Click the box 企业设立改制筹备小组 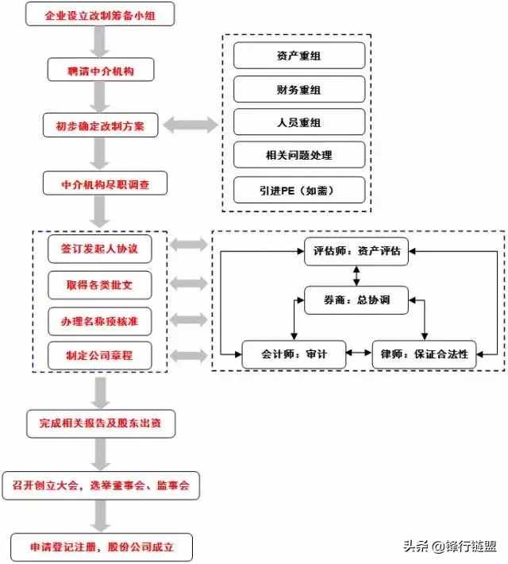100,15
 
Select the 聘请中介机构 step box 100,71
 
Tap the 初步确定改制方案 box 100,126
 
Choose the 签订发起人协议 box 99,249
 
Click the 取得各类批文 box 99,284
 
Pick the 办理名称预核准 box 99,320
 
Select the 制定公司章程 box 99,356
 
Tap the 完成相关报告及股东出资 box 100,423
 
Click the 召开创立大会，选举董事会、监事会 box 100,484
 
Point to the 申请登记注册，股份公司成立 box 100,547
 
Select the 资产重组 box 298,56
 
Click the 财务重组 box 298,89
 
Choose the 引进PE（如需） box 298,190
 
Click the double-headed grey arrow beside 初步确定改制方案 190,125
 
